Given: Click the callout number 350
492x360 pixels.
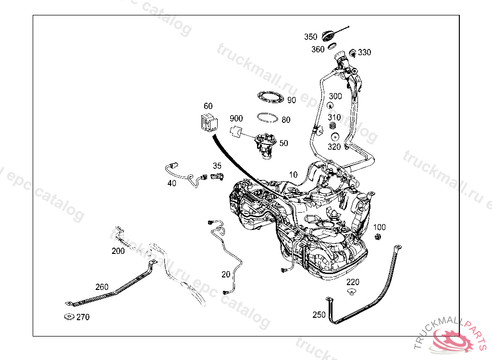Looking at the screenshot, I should pyautogui.click(x=310, y=37).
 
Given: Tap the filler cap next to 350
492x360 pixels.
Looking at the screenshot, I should pyautogui.click(x=328, y=35).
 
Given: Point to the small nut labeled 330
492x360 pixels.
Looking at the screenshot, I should pyautogui.click(x=352, y=52).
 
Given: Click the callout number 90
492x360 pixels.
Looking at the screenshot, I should pyautogui.click(x=292, y=100).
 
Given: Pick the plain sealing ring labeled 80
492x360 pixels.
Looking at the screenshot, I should pyautogui.click(x=268, y=117).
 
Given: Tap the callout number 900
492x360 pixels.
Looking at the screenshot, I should pyautogui.click(x=236, y=119).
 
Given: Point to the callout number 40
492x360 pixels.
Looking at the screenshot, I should pyautogui.click(x=172, y=183).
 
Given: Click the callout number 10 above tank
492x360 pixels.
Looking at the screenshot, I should pyautogui.click(x=293, y=174).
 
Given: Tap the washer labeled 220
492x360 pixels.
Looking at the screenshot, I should pyautogui.click(x=353, y=292).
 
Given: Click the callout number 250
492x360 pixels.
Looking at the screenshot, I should pyautogui.click(x=319, y=315).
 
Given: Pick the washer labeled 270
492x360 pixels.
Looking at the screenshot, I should pyautogui.click(x=68, y=317).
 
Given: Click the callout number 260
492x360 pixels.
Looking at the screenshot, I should pyautogui.click(x=102, y=287).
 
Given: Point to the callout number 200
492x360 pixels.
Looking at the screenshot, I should pyautogui.click(x=118, y=251).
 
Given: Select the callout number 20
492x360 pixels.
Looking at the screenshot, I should pyautogui.click(x=226, y=275).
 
